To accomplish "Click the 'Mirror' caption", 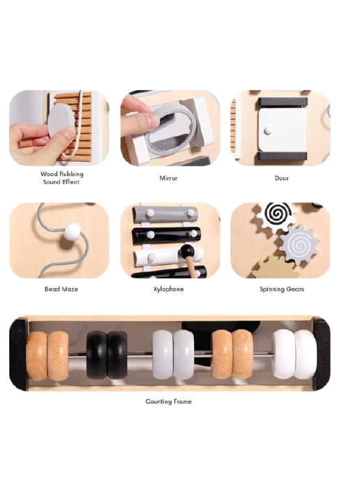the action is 168,178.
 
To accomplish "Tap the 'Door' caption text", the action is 282,178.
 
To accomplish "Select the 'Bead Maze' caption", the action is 61,289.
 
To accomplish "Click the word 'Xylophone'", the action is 168,289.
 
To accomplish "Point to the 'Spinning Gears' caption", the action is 282,290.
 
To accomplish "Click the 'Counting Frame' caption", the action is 169,401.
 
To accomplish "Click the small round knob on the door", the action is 269,130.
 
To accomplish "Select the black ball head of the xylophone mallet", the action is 186,252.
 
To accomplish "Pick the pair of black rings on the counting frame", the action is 107,354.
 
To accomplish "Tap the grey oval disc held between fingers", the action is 61,120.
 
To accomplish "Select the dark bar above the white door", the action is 283,103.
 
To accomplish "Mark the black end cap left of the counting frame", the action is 18,354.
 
